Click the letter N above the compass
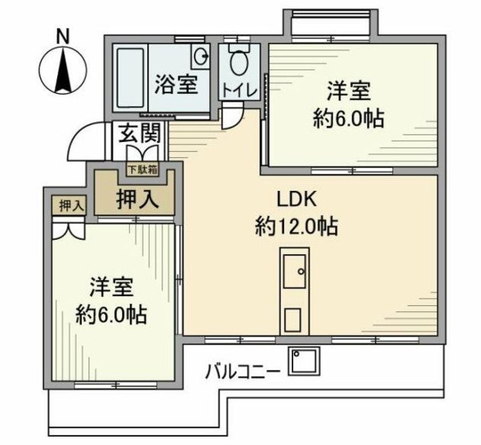(63, 35)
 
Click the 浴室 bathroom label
(177, 84)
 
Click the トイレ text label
(239, 90)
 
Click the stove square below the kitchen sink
(293, 319)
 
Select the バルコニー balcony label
(243, 371)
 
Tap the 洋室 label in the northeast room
(347, 93)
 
